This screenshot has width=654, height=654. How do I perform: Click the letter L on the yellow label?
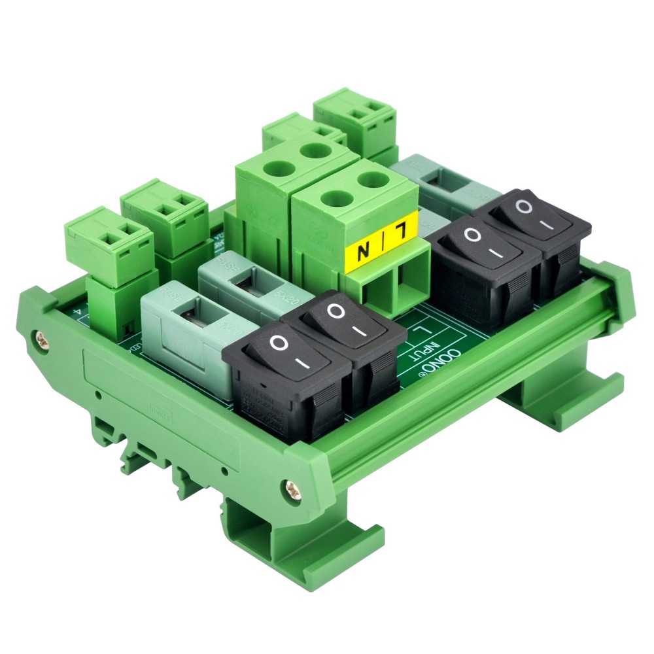pyautogui.click(x=401, y=231)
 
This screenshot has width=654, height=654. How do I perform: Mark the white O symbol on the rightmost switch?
pyautogui.click(x=523, y=207)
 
